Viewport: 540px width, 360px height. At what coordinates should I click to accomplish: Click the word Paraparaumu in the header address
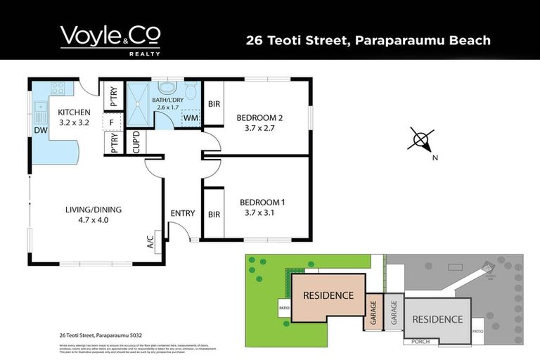coord(397,39)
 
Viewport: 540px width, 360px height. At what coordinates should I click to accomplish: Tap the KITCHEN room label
coord(74,112)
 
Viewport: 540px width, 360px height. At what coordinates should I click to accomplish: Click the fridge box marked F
coord(110,122)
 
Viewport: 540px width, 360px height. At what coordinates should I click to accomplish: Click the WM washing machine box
coord(190,118)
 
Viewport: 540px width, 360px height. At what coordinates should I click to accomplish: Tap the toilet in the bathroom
coord(191,91)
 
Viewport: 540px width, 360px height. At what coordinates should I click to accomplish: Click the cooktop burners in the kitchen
coord(58,89)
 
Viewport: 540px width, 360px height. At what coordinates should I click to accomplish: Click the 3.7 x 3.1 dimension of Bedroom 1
coord(259,212)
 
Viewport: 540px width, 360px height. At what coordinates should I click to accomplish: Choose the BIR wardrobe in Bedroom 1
coord(214,214)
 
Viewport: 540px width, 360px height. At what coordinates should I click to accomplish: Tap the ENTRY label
coord(182,213)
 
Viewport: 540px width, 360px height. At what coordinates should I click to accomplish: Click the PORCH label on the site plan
coord(420,342)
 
